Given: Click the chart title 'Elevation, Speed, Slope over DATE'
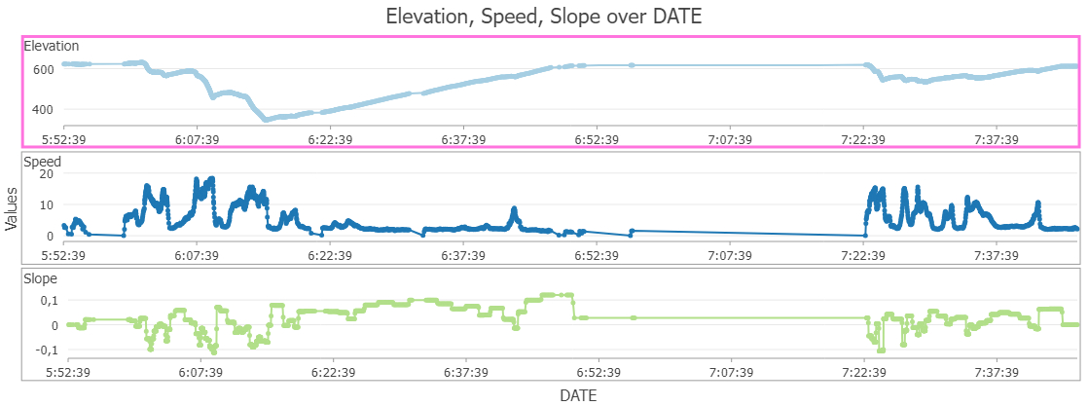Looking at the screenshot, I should (x=543, y=16).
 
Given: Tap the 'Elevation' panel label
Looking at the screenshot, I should (x=52, y=46).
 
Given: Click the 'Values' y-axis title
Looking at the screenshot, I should (x=12, y=209).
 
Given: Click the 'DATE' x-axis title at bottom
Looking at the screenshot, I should (x=578, y=395).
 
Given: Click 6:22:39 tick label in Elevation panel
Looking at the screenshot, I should (x=330, y=139).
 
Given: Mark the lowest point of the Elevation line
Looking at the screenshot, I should (x=266, y=120).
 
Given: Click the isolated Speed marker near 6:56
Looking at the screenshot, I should (x=633, y=232).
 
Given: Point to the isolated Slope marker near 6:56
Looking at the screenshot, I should (x=633, y=317).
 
